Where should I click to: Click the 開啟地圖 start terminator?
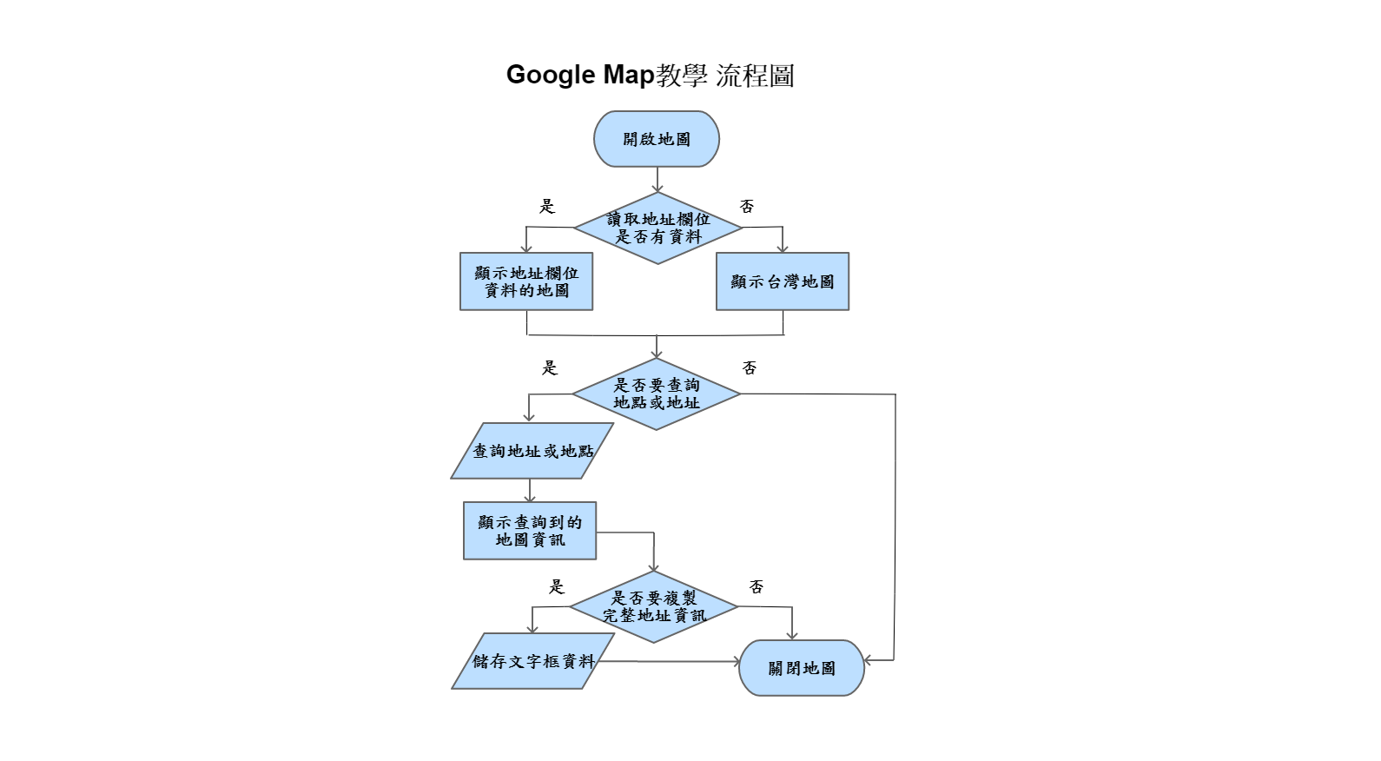[657, 139]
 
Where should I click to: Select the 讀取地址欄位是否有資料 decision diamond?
[657, 228]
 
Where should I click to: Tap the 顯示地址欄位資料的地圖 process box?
[526, 281]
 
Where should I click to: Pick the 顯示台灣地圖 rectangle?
[783, 281]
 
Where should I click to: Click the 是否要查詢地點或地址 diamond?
[656, 394]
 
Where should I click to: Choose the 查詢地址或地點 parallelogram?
[532, 451]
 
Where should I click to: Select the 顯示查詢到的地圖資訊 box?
[530, 531]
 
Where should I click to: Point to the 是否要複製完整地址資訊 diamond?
[654, 606]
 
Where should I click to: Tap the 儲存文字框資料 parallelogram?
[532, 661]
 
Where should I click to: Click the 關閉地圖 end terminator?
[802, 668]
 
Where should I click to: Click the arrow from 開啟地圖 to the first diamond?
[657, 180]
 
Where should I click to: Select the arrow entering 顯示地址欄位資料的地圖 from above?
[525, 241]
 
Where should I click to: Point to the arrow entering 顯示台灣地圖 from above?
[782, 241]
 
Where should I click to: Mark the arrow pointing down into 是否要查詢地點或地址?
[657, 347]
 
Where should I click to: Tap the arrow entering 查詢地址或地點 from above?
[528, 409]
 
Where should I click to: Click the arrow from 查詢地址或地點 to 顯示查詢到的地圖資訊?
[530, 490]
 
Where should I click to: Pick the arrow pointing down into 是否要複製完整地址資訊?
[653, 553]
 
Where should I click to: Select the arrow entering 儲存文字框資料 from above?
[532, 620]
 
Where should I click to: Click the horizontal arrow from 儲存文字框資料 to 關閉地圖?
[669, 662]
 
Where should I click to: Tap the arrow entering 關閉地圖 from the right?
[879, 661]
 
